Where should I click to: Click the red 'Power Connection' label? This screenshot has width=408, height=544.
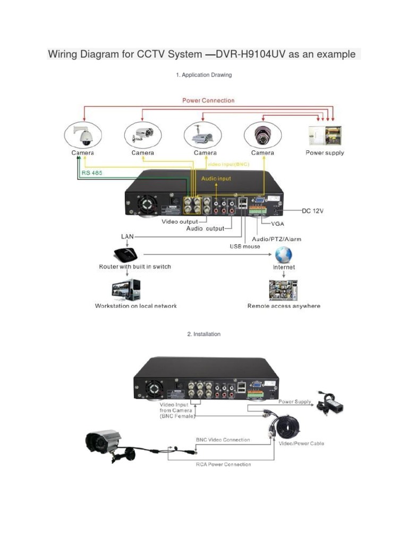[208, 100]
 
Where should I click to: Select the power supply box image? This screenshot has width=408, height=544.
[325, 135]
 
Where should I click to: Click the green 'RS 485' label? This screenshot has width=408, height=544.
[92, 173]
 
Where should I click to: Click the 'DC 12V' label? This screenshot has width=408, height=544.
[312, 211]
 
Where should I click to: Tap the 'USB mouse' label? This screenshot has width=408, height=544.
[245, 246]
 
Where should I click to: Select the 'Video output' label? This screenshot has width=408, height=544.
[180, 222]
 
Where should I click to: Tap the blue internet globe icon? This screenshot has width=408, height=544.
[284, 253]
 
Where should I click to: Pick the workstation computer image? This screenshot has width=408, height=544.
[126, 291]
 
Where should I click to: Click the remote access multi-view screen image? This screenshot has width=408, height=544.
[283, 291]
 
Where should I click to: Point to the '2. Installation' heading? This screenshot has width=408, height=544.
[203, 334]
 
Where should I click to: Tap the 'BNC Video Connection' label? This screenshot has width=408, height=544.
[223, 440]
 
